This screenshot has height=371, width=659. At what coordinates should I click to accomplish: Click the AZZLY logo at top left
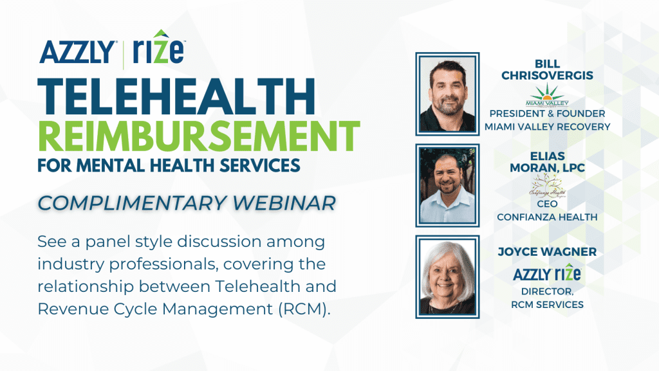pos(77,51)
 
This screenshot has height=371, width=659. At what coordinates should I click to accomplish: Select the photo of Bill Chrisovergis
pos(447,93)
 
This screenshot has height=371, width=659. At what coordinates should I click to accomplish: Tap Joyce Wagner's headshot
pos(447,277)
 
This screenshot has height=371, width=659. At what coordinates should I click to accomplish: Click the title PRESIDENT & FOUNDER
pos(547,114)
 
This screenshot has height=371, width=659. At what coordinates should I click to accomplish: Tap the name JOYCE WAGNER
pos(547,251)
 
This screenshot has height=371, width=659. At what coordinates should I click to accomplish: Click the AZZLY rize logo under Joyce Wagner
pos(547,274)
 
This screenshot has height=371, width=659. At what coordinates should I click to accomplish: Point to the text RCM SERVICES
pos(547,304)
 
